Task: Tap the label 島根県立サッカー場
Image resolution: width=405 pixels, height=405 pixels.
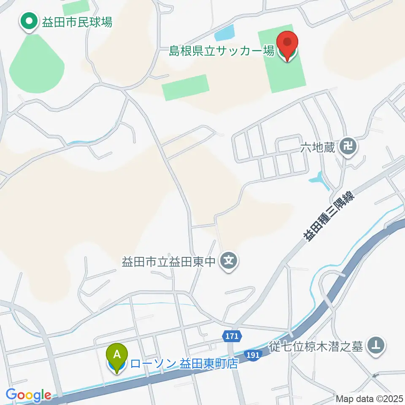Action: [x=221, y=52]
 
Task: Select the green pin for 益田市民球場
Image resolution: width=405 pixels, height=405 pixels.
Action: [x=29, y=22]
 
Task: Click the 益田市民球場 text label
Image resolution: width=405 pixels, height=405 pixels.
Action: [x=77, y=22]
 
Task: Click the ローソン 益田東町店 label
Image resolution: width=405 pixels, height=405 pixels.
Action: [x=184, y=364]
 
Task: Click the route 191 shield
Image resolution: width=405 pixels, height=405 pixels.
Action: [x=253, y=356]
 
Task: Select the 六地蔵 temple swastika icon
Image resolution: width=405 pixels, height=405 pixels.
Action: [x=349, y=148]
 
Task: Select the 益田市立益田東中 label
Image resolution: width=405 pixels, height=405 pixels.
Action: [x=169, y=262]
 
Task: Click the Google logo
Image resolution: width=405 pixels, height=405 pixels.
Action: [x=28, y=395]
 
